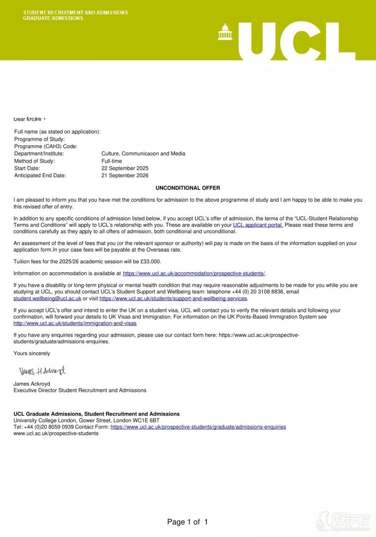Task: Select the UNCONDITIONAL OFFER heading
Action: [x=188, y=188]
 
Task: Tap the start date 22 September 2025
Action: [x=125, y=168]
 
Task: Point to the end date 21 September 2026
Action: [x=125, y=176]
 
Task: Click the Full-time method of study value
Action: [x=112, y=161]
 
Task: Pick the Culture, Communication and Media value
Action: [x=143, y=154]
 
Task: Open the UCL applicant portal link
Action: [x=258, y=225]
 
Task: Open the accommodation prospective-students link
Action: [x=194, y=274]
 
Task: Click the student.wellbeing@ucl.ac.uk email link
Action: [x=47, y=299]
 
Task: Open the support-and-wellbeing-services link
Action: [x=173, y=299]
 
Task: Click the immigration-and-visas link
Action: [x=75, y=324]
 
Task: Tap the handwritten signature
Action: [x=42, y=371]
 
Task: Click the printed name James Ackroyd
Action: [x=31, y=384]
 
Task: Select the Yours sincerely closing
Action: [x=31, y=354]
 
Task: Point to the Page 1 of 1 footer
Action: [x=188, y=522]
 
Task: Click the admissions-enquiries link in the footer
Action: [x=198, y=427]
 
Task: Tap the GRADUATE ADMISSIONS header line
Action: [x=53, y=18]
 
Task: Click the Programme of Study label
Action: [x=39, y=139]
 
